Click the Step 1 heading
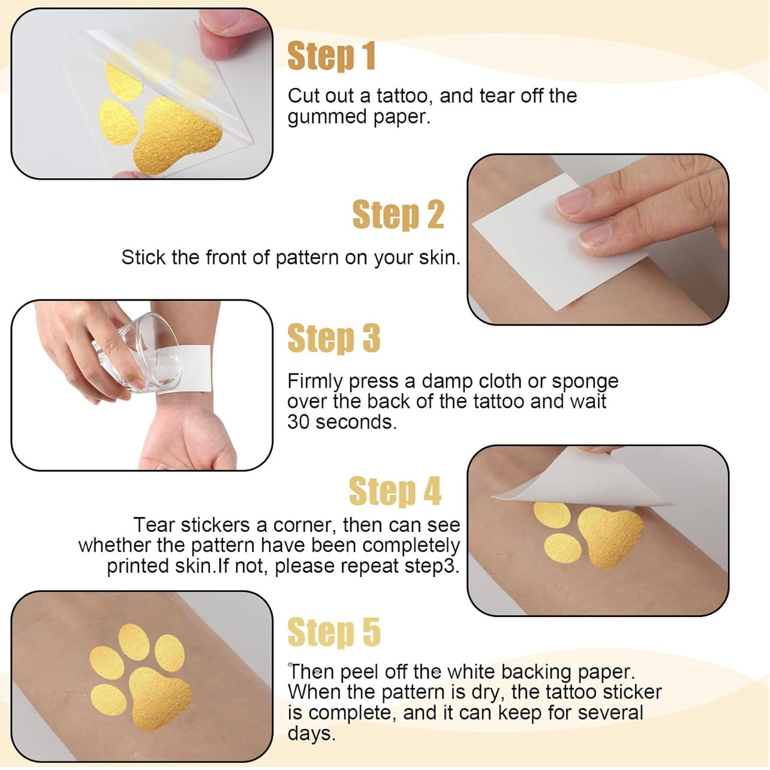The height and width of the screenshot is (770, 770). (x=331, y=56)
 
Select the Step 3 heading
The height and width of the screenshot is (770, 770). (x=333, y=338)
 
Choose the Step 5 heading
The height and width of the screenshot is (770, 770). (x=333, y=631)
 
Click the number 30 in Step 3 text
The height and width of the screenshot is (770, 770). (x=298, y=422)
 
